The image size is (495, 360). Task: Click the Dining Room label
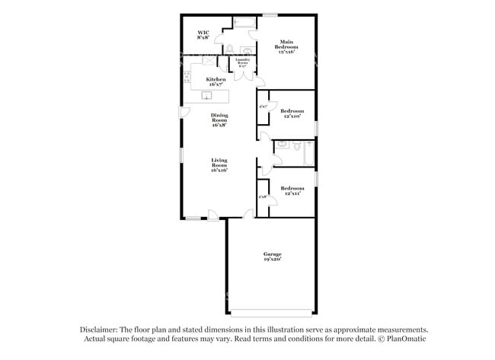coord(219,120)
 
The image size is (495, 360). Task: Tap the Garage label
coord(273,256)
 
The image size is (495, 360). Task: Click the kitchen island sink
coord(206,95)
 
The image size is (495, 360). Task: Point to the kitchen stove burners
coord(186,77)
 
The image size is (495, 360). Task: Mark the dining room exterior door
coord(184,112)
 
